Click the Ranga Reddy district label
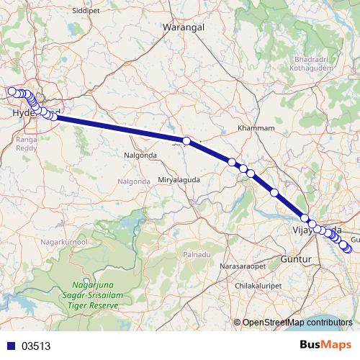pos(26,145)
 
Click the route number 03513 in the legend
pos(35,346)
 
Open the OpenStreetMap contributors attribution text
pos(297,323)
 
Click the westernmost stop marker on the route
pos(12,91)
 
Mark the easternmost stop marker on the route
pos(350,250)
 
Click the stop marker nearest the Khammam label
pos(232,162)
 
